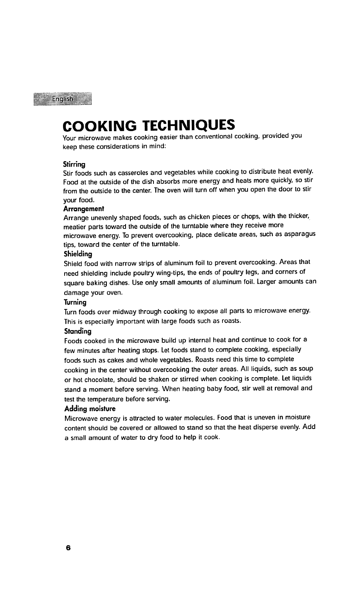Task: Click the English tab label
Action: point(63,98)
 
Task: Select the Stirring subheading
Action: point(74,164)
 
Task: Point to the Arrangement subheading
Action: point(83,209)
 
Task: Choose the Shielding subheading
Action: point(78,254)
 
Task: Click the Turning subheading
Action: point(75,303)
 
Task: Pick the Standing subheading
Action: point(77,331)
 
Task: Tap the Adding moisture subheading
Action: point(90,409)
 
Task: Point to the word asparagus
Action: point(299,235)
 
